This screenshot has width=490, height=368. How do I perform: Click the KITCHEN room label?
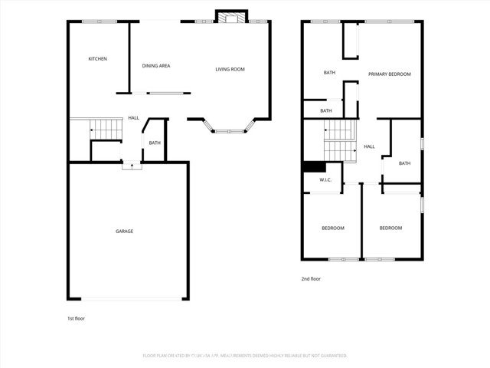pos(97,59)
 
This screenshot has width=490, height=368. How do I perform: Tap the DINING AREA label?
pos(156,66)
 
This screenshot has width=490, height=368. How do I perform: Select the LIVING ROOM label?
pos(230,70)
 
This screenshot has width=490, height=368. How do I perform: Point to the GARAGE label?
pos(125,231)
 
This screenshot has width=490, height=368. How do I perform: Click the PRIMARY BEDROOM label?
pos(389,74)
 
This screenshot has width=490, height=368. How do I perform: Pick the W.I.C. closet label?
pos(325,180)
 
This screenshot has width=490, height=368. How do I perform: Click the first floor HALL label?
pos(133,118)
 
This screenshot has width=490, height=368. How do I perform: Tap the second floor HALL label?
pos(369,146)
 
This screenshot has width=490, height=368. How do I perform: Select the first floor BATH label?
pos(155,143)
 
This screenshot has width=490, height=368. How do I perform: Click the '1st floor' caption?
pos(77,317)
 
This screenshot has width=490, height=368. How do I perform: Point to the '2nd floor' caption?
pos(310,279)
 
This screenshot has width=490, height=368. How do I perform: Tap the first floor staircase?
pos(106,130)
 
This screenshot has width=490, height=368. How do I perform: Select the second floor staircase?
pos(340,141)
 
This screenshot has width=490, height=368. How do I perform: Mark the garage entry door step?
pos(132,163)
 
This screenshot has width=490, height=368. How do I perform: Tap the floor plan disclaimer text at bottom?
pos(245,356)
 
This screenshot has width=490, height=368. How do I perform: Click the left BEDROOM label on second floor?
pos(332,228)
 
